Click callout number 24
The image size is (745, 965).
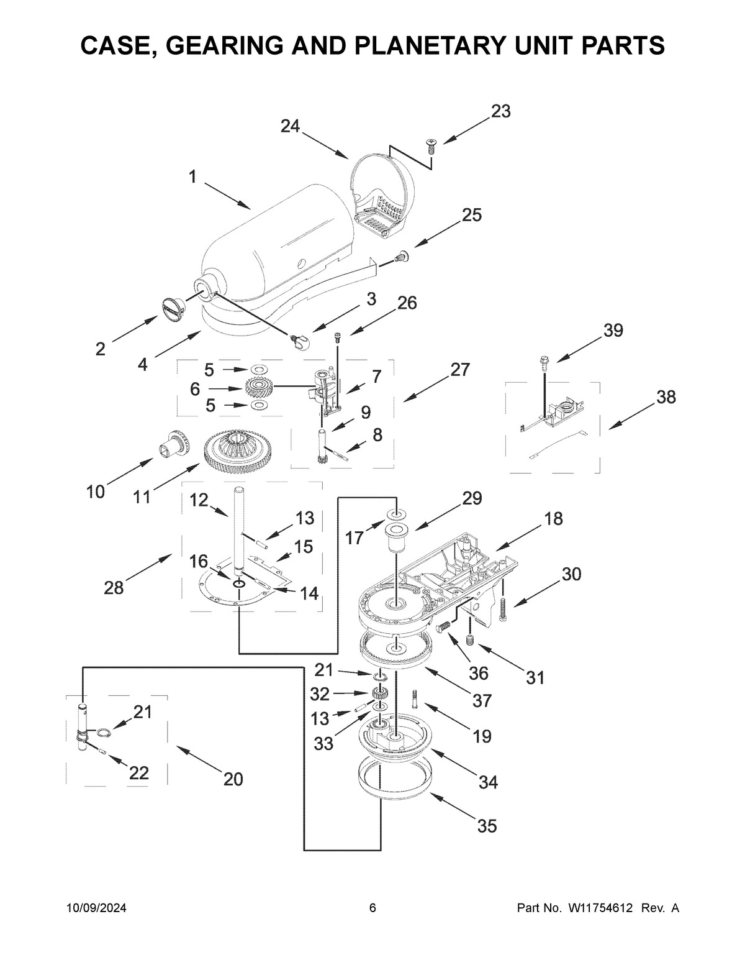tap(290, 126)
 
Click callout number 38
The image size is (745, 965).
tap(666, 397)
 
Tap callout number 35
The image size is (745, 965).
tap(487, 826)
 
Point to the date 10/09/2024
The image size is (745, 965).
tap(97, 908)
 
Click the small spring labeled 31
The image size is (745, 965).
tap(470, 641)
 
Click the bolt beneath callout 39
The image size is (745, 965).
tap(544, 362)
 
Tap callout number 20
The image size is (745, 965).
tap(233, 779)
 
